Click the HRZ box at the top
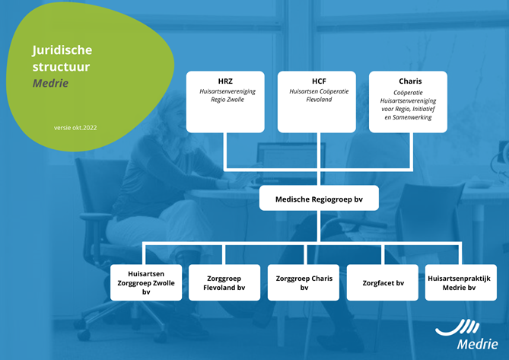[x=225, y=101]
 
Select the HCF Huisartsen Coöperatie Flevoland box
[x=317, y=101]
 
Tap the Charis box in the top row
[x=408, y=101]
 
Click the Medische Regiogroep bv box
[x=319, y=198]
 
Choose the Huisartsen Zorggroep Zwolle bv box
[x=146, y=282]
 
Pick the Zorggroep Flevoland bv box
[x=224, y=282]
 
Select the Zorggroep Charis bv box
[x=304, y=282]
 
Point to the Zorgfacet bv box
[x=383, y=282]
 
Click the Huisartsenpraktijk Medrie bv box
[x=461, y=282]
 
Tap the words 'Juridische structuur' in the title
[x=62, y=58]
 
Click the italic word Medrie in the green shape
[x=51, y=83]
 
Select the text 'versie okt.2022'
[x=75, y=128]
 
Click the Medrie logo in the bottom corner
[x=466, y=334]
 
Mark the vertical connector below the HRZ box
[x=225, y=150]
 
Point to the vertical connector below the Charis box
[x=411, y=150]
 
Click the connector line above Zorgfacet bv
[x=383, y=254]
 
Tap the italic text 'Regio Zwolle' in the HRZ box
[x=227, y=100]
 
